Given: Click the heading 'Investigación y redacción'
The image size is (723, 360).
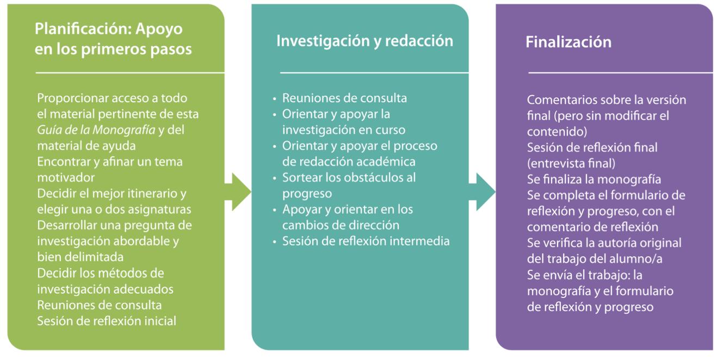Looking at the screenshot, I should pos(364,41).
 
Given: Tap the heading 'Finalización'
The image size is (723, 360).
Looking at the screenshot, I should pos(568,42).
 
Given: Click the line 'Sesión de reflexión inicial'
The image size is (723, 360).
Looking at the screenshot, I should pos(107,321).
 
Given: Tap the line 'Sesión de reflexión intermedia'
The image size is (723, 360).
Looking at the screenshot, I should pos(366,241).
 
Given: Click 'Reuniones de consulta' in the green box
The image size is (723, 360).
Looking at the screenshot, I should pos(99,305).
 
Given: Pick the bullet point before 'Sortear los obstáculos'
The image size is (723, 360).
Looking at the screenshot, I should pos(275,178).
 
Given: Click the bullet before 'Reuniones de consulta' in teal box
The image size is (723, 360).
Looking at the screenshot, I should pos(275,100).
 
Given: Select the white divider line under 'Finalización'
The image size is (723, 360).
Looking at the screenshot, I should pos(620,72).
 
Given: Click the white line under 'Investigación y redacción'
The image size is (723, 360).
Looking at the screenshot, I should pos(374,72).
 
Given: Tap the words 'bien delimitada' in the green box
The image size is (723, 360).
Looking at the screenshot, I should pos(80,257).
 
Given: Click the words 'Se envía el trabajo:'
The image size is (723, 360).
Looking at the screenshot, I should pos(585,275).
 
